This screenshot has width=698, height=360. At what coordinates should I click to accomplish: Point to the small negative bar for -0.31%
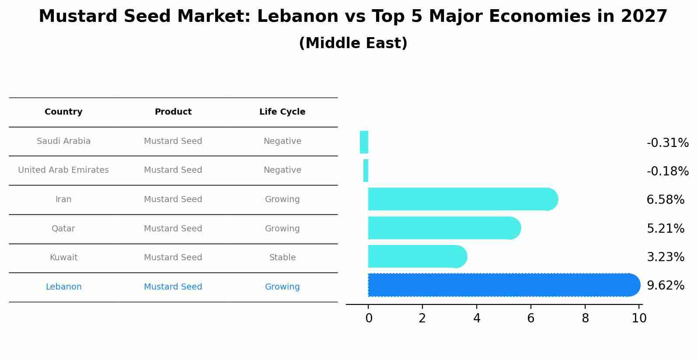[x=364, y=142]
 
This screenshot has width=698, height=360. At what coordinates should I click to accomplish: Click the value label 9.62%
[x=665, y=286]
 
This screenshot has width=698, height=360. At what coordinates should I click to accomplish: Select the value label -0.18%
[x=667, y=171]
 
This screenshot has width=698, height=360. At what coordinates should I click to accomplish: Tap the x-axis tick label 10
[x=639, y=318]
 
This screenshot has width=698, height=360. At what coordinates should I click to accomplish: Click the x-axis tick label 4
[x=477, y=318]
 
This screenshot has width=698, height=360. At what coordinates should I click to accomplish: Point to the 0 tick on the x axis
[x=369, y=318]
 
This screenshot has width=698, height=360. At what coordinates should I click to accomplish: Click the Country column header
[x=63, y=112]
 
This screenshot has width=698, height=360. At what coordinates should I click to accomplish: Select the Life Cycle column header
[x=282, y=112]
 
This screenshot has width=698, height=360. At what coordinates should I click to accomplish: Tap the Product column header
[x=173, y=112]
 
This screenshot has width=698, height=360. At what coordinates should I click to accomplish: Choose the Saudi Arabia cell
[x=63, y=141]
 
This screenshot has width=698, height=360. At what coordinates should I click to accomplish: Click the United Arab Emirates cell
[x=63, y=170]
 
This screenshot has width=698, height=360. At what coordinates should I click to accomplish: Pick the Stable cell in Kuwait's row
[x=282, y=258]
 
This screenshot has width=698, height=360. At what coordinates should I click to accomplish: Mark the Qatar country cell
[x=63, y=229]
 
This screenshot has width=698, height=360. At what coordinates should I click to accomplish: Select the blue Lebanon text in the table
[x=63, y=287]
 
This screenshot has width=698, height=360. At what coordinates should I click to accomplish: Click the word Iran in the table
[x=63, y=199]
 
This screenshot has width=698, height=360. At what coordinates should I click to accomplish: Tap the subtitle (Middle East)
[x=353, y=43]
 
